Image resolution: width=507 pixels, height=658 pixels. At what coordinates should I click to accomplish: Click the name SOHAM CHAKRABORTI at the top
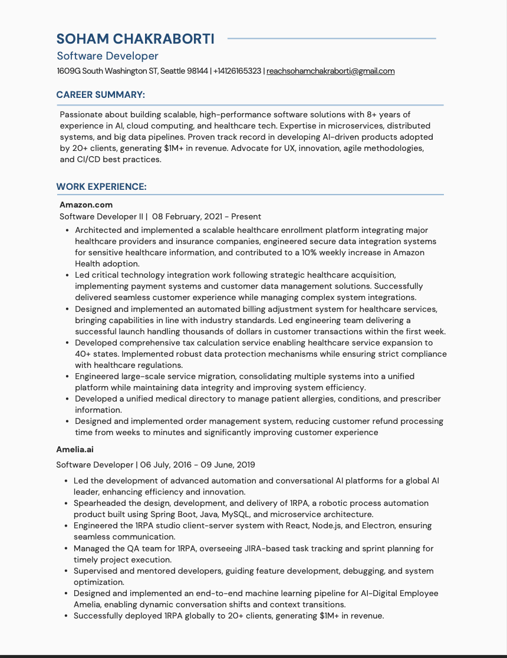click(135, 39)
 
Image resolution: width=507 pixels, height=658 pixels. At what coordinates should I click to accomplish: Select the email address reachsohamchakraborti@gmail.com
click(330, 71)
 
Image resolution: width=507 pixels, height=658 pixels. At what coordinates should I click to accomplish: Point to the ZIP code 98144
click(197, 71)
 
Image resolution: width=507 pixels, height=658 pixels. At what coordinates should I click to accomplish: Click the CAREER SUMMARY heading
click(100, 95)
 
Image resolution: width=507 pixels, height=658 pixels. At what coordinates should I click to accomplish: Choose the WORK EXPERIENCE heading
click(101, 187)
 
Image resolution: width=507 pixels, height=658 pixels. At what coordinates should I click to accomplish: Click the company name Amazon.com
click(86, 205)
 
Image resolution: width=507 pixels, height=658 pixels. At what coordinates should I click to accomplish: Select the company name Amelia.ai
click(75, 449)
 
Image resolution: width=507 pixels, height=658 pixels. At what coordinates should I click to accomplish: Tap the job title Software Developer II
click(101, 216)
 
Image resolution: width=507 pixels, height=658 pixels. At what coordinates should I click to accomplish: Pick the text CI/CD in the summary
click(86, 160)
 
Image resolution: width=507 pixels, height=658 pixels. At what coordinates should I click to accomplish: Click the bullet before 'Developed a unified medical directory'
click(67, 399)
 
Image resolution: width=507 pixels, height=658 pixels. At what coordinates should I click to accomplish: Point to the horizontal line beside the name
click(331, 39)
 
